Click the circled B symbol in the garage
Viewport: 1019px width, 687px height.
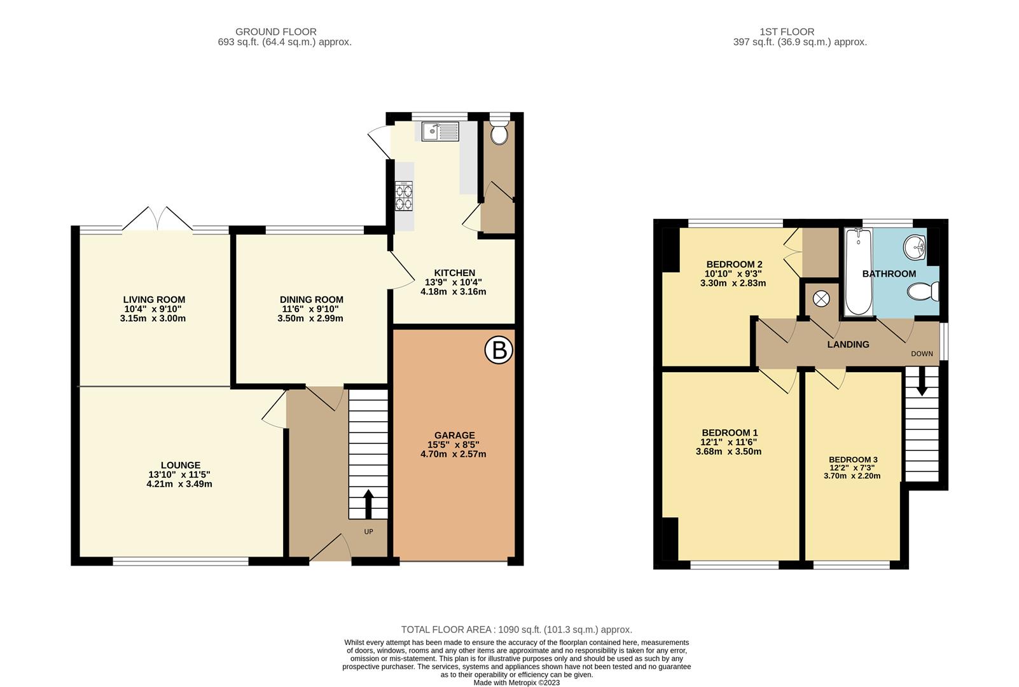tap(499, 350)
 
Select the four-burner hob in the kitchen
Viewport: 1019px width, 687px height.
tap(404, 196)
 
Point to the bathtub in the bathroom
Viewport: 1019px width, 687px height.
tap(858, 274)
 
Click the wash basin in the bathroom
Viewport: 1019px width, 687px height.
tap(917, 246)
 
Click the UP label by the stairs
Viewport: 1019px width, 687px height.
tap(368, 532)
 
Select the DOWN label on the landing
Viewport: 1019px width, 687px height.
tap(922, 354)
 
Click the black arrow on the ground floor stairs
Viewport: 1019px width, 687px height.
tap(368, 504)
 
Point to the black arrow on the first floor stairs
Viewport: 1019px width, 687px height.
tap(921, 384)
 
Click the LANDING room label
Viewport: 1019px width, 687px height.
tap(848, 344)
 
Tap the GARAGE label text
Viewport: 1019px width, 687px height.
tap(454, 436)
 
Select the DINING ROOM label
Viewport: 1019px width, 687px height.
tap(311, 300)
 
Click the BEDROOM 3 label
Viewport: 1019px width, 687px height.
tap(853, 459)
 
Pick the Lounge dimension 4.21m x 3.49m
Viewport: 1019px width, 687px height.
tap(179, 483)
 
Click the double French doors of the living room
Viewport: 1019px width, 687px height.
tap(158, 219)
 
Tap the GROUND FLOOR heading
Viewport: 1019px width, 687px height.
tap(275, 32)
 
